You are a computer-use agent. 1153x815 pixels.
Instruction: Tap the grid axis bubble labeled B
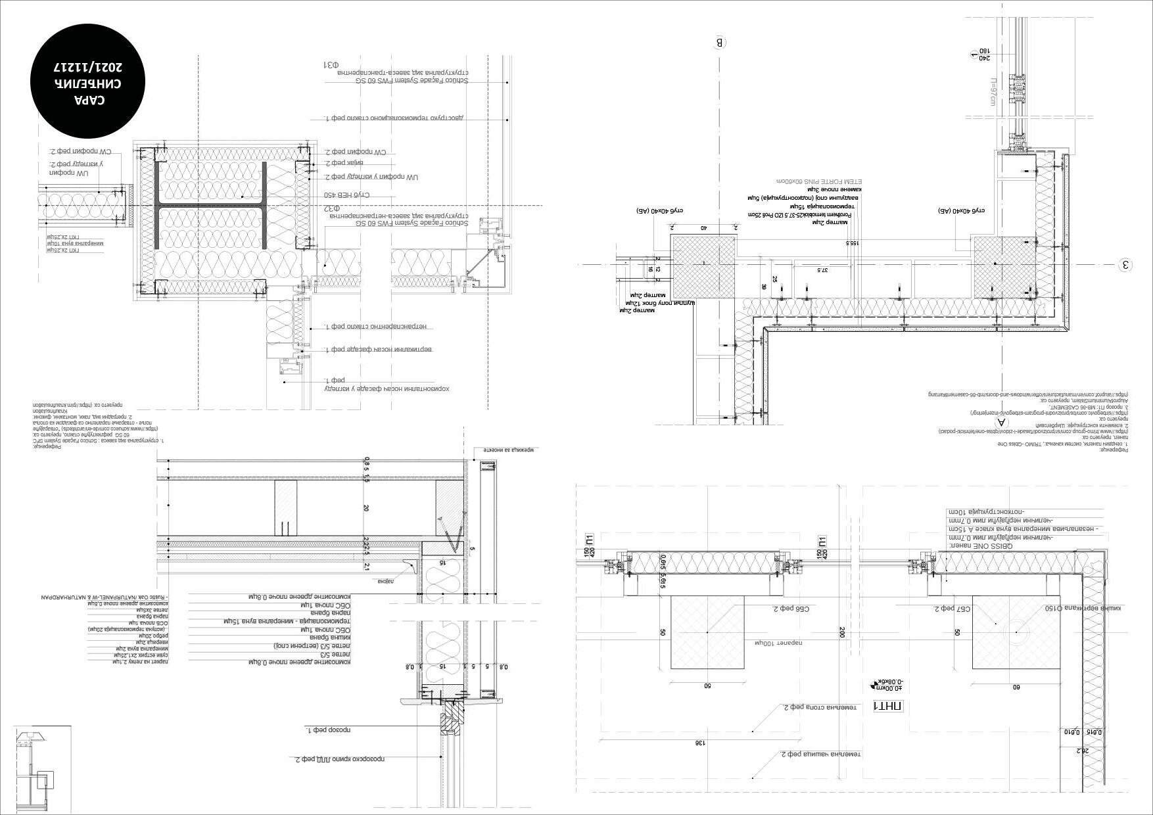(720, 43)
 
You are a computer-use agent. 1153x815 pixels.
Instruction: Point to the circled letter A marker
(1002, 423)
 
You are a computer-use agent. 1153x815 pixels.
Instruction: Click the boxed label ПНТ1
(888, 707)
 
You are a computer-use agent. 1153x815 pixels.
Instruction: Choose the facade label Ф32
(333, 208)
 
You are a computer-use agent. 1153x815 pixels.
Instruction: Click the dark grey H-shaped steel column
(210, 206)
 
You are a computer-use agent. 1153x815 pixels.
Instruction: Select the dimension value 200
(842, 632)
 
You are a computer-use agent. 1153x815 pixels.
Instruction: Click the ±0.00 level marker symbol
(875, 685)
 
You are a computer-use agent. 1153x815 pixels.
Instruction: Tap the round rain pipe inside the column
(1016, 632)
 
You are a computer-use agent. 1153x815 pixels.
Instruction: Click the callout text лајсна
(385, 580)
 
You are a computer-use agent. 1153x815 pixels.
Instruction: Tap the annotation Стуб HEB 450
(346, 195)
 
